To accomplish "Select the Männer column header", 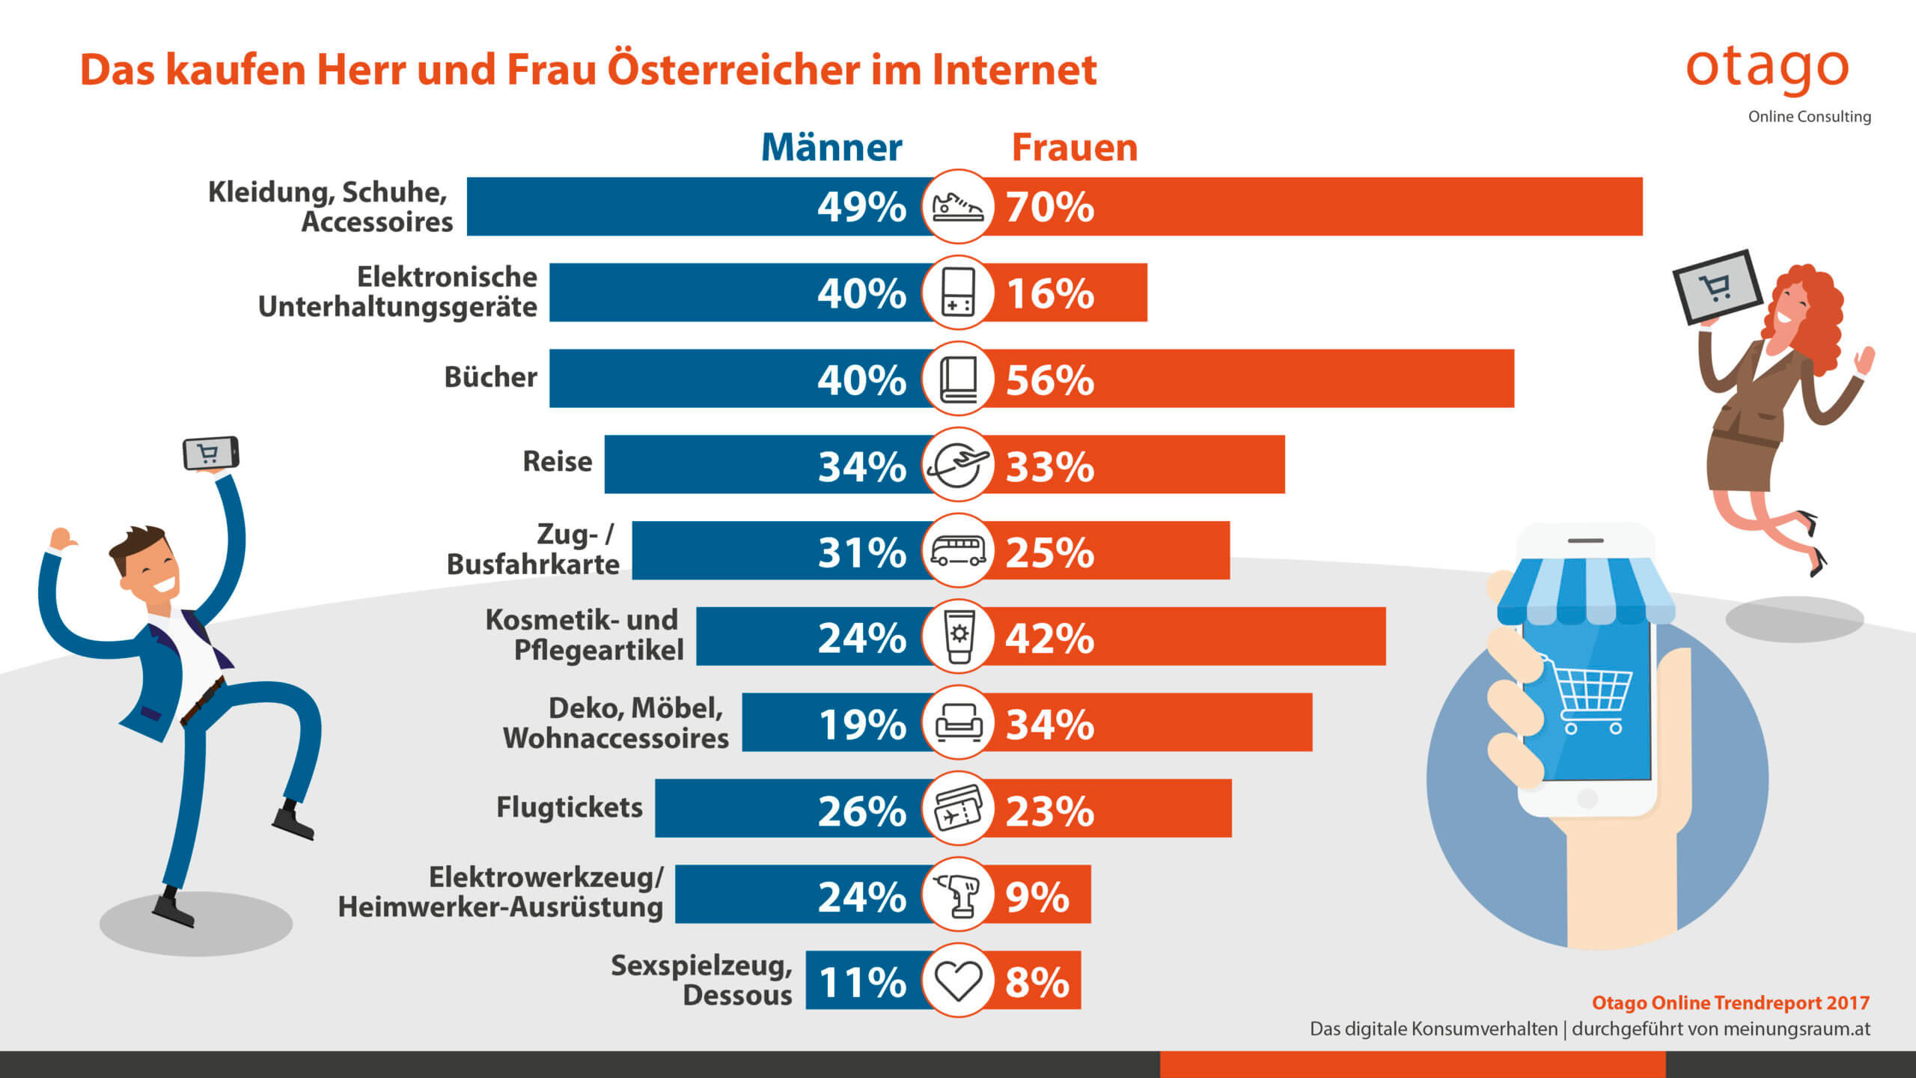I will [832, 147].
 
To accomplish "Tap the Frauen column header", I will [1074, 147].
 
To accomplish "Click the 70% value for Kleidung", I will [1049, 207].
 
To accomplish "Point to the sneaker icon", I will [958, 207].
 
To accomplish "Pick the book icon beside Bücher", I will [958, 379].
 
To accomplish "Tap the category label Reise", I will [557, 462].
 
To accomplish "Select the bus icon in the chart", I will [958, 551].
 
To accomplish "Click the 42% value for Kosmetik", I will [1049, 639].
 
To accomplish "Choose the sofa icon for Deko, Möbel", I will [958, 722].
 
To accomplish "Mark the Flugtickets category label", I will [570, 808].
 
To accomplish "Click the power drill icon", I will [958, 895].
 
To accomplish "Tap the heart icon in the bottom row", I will [958, 980].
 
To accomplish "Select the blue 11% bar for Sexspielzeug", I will [861, 981].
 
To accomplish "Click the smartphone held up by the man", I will [211, 453].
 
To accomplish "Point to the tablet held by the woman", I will [1717, 287].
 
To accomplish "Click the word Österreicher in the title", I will [734, 70].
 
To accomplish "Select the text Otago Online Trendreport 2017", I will [1730, 1003].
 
